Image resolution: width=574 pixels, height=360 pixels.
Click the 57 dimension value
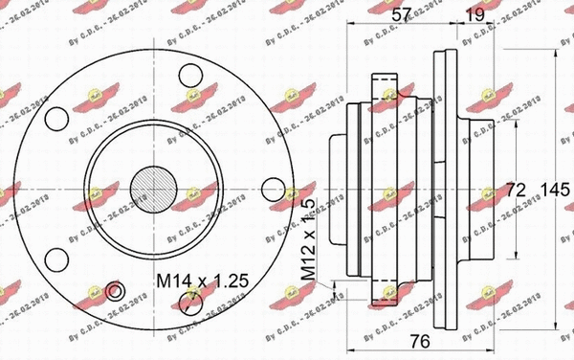401,13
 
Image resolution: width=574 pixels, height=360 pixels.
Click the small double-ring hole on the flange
115,291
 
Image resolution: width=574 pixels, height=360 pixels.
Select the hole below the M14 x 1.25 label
190,304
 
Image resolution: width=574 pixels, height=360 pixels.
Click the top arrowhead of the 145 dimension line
554,42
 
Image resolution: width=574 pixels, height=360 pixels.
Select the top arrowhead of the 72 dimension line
517,119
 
